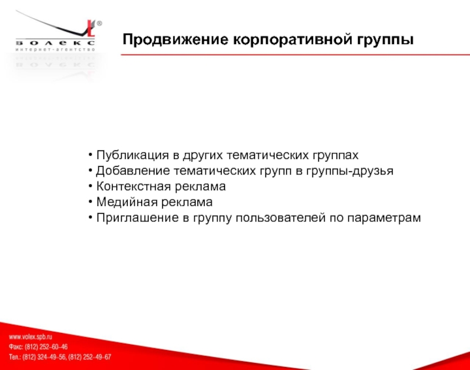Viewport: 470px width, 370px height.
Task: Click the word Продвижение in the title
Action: (175, 39)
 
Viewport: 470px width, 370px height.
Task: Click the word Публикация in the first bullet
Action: (133, 155)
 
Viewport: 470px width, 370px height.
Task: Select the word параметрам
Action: (384, 218)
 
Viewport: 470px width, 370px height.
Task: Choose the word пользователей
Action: (280, 217)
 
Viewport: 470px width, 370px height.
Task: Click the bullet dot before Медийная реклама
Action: (90, 202)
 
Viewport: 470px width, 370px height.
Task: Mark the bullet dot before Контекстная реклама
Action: (90, 186)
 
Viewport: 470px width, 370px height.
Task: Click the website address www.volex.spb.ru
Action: (31, 337)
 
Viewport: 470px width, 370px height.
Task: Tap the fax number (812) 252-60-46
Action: (46, 347)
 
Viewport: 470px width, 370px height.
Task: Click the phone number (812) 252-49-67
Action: (90, 357)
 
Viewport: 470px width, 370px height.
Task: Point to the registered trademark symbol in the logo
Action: (99, 23)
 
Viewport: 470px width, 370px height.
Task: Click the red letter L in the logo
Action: (91, 29)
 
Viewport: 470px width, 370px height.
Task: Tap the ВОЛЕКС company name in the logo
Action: (55, 43)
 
